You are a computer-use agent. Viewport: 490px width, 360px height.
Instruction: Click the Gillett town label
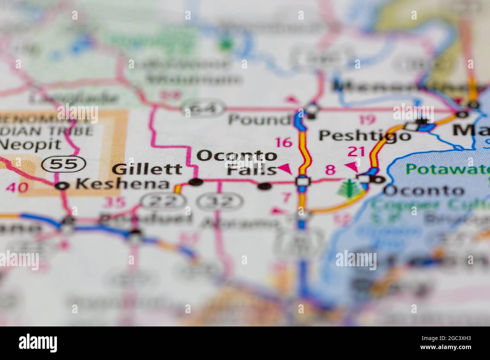pos(147,169)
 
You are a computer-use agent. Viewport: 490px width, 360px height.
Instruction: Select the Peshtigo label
pos(364,135)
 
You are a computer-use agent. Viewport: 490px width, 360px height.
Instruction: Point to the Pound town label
pos(259,120)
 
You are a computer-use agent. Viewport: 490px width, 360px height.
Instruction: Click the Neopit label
pos(30,144)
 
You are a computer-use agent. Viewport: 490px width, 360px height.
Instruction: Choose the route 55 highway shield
pos(64,164)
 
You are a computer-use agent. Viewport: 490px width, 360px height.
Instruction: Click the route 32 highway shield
pos(222,201)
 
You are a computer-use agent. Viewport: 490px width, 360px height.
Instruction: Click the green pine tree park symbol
pos(348,188)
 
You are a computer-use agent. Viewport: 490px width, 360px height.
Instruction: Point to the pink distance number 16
pos(283,142)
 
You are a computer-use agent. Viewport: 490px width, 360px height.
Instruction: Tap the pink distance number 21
pos(357,151)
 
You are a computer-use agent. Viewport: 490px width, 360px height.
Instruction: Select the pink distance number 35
pos(114,203)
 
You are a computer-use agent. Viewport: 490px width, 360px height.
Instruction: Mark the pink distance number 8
pos(330,170)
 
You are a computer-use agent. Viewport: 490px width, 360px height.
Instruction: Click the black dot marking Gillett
pos(196,183)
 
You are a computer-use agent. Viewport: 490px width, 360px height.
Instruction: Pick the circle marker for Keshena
pos(63,185)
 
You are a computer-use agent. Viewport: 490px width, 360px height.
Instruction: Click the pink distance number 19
pos(367,120)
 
